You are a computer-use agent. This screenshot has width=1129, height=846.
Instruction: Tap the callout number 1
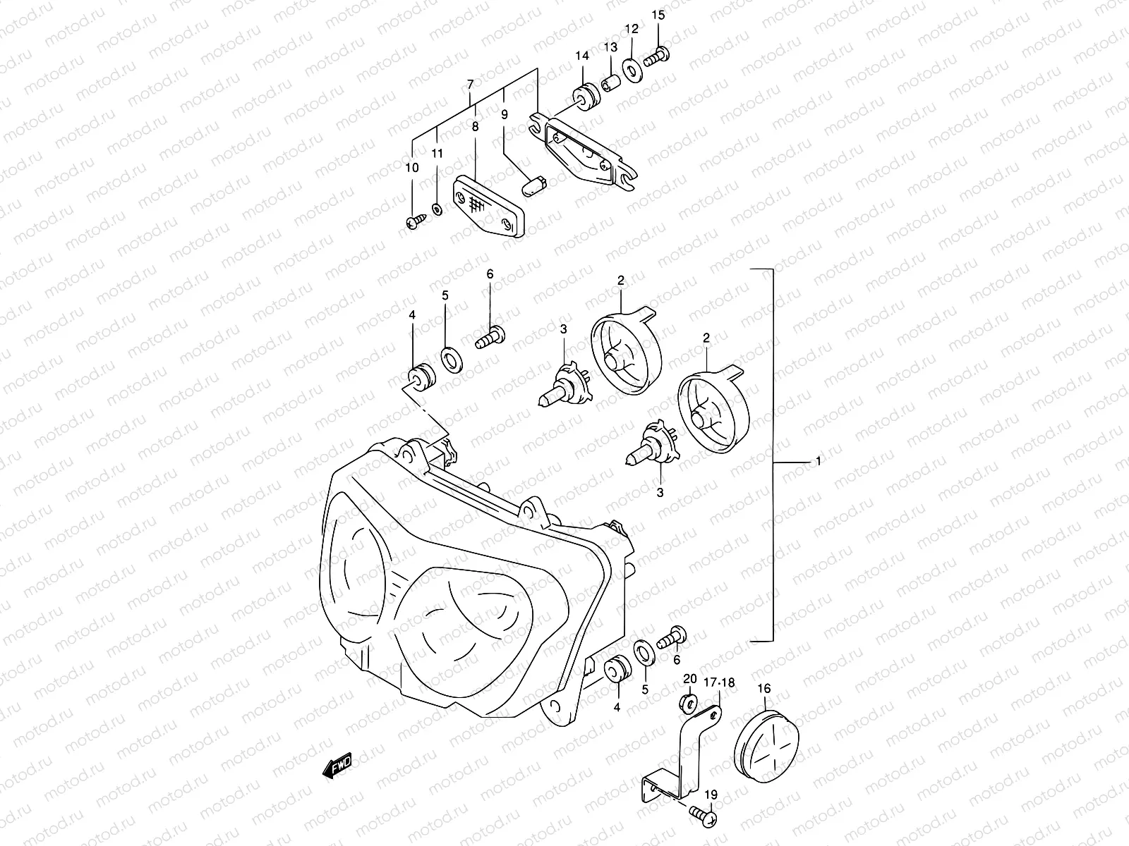click(x=818, y=461)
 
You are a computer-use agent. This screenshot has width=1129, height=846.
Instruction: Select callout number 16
click(x=764, y=688)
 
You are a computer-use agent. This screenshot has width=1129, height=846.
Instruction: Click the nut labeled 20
click(x=690, y=701)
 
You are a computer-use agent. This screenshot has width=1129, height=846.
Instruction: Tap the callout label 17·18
click(x=719, y=682)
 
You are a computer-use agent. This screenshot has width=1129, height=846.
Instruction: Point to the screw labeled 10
click(x=414, y=222)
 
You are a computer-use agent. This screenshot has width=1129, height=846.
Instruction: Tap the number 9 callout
click(x=504, y=114)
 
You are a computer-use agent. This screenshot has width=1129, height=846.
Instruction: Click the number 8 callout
click(x=475, y=127)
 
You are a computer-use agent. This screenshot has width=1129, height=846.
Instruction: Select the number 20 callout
click(x=690, y=678)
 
